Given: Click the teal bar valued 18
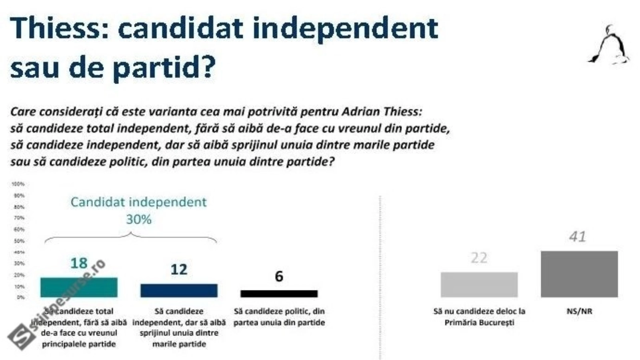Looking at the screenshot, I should point(79,287).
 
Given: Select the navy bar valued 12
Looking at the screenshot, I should point(179,290).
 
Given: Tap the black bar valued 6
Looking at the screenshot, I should point(279,294).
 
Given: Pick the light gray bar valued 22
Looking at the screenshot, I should point(479,284).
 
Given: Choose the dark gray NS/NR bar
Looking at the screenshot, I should point(579,274).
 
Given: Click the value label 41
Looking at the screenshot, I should point(577,237).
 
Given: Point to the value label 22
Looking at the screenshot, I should point(479,258).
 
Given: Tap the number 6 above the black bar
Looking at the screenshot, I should point(279,276).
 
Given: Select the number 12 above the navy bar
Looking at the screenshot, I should point(179,270).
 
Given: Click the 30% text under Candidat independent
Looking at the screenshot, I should point(138,219).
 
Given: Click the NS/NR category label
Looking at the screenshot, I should point(579,311).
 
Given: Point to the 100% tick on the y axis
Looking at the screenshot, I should point(18,184).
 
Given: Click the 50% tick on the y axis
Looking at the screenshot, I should point(18,241).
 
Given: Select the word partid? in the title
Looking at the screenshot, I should point(164,67).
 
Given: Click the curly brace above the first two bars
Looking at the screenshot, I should point(131,238).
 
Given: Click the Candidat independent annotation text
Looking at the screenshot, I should point(138,202).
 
